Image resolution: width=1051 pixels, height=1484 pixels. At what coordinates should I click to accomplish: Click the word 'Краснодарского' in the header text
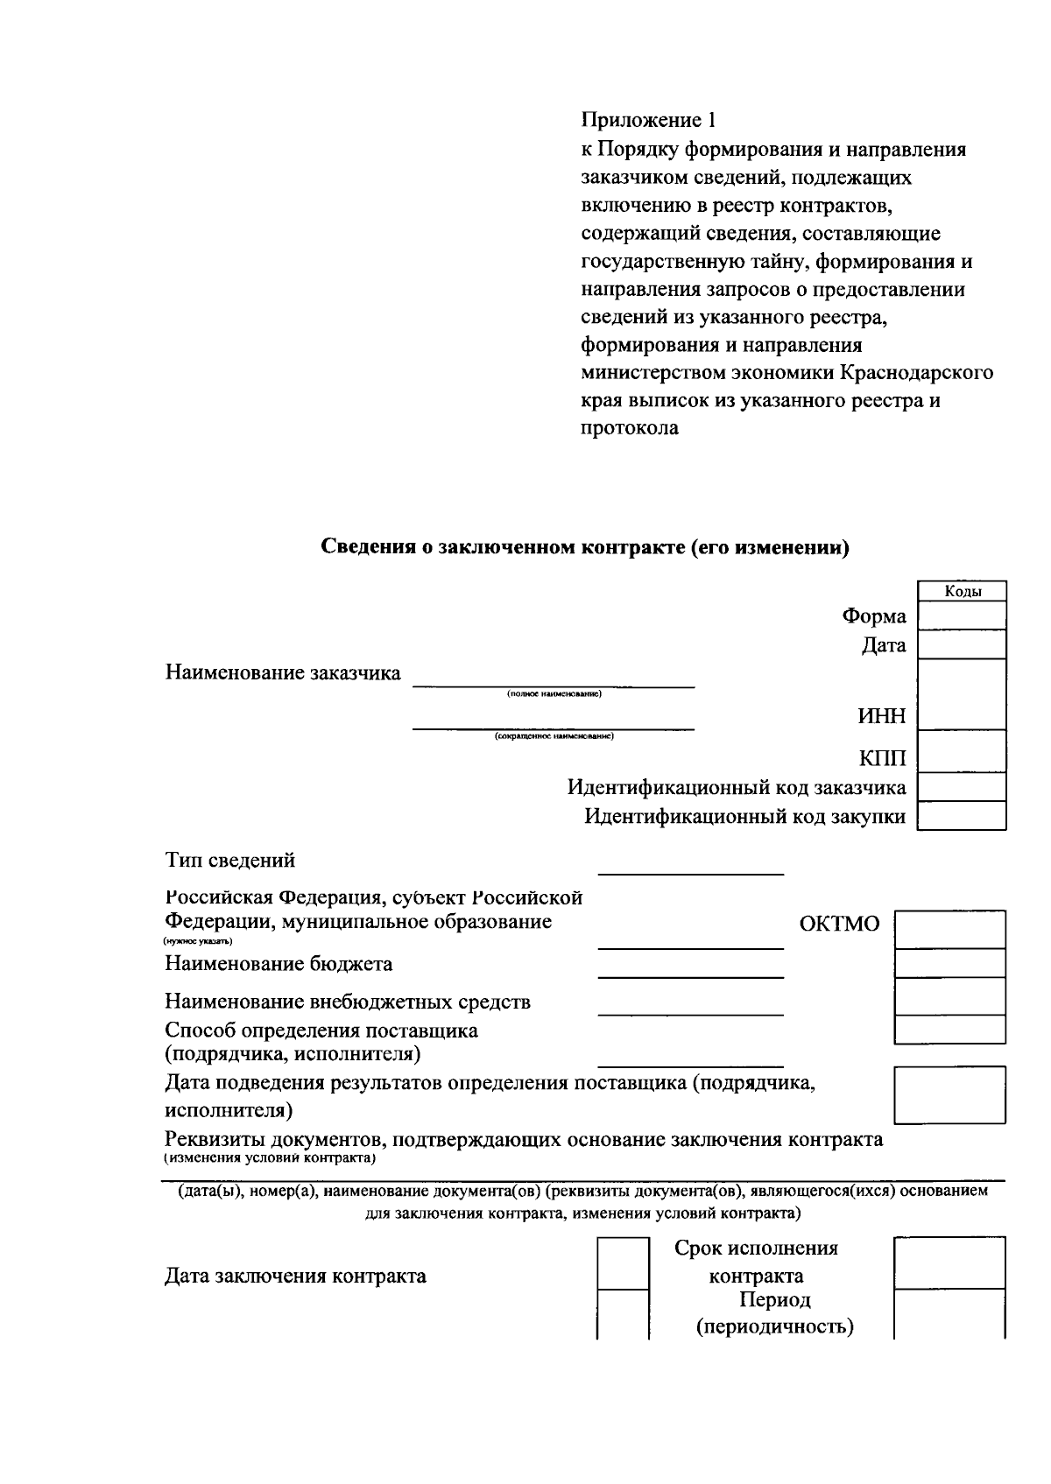click(917, 373)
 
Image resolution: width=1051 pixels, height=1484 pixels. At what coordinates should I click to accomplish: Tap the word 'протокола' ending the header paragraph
click(629, 429)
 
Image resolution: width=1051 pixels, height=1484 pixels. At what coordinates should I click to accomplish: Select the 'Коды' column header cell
click(962, 592)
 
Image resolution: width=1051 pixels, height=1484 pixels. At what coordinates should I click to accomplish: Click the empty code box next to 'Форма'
click(962, 615)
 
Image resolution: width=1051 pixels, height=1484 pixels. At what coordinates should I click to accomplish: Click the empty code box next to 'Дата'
click(962, 645)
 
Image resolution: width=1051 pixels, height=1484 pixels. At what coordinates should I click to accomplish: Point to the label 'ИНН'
click(881, 717)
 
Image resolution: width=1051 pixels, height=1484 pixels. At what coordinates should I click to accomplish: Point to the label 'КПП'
click(883, 758)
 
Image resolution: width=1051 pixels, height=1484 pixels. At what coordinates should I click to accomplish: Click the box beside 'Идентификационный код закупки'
click(962, 817)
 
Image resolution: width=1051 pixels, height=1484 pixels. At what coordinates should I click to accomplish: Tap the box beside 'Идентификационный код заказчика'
click(962, 788)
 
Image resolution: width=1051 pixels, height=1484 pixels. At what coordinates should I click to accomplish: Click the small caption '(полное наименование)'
click(554, 694)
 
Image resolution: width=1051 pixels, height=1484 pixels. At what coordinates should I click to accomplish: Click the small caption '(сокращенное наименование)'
click(554, 736)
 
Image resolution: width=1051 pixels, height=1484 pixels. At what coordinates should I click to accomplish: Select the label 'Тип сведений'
click(230, 861)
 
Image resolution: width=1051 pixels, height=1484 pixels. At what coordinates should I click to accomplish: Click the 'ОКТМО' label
click(839, 925)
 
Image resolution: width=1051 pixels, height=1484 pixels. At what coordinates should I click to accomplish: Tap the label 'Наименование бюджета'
click(279, 964)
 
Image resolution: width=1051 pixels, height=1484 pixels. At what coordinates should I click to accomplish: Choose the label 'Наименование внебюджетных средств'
click(348, 1002)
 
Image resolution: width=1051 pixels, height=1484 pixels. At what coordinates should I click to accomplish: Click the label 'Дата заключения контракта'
click(295, 1276)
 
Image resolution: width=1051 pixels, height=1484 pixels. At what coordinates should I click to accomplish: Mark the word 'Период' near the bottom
click(774, 1300)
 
